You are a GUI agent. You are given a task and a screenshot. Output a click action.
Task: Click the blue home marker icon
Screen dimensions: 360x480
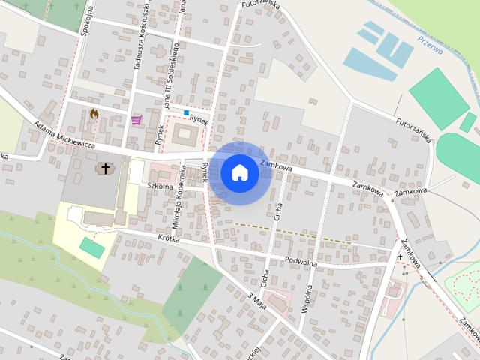tap(239, 173)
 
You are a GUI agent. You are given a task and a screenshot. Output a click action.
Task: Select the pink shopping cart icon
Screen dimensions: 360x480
tap(136, 120)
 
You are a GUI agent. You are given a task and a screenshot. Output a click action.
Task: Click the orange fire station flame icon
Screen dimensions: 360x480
tap(94, 114)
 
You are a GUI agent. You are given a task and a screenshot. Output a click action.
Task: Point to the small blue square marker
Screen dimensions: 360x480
tap(186, 112)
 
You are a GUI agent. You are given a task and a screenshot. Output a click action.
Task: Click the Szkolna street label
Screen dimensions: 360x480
tap(160, 184)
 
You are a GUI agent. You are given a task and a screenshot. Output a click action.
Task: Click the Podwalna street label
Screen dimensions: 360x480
tap(301, 262)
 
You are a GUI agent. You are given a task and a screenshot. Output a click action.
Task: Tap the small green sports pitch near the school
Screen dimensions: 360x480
tap(92, 247)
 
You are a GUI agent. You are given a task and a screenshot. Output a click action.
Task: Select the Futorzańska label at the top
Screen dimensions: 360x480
tap(259, 6)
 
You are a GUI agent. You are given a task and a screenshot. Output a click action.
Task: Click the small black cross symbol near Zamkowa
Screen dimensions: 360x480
tap(400, 256)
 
